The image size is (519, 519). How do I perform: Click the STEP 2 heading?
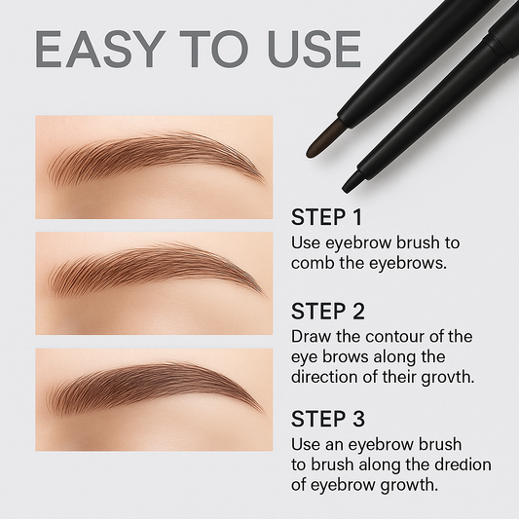[327, 312]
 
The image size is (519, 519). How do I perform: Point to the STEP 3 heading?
[327, 420]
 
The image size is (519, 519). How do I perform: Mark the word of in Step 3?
[301, 485]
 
